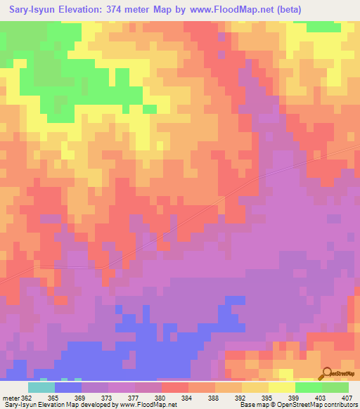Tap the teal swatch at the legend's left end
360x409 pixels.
click(41, 387)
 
